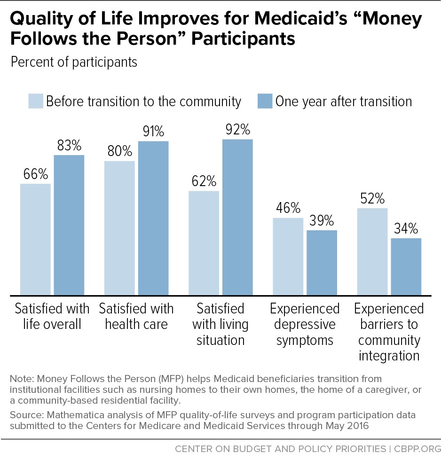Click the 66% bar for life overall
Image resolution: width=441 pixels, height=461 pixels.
[x=36, y=239]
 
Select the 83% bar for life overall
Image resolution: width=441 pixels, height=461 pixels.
[x=69, y=225]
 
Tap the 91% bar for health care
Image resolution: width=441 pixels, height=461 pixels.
[x=153, y=218]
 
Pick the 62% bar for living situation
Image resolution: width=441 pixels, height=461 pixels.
[x=204, y=243]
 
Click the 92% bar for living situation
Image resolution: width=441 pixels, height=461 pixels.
[x=237, y=217]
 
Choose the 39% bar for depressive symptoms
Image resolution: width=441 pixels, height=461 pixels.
[x=322, y=263]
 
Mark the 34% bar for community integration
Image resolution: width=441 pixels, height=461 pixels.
[x=406, y=266]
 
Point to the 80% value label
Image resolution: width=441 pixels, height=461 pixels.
[x=120, y=151]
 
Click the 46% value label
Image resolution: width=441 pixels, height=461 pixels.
[x=288, y=208]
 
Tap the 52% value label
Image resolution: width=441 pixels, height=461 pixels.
[x=372, y=199]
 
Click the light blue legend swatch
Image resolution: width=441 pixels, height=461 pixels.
[x=36, y=101]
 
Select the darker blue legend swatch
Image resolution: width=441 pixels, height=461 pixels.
[x=265, y=101]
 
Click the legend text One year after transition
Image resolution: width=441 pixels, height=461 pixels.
[x=344, y=102]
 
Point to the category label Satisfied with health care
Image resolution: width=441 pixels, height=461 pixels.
[x=136, y=316]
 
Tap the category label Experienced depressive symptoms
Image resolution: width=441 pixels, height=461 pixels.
[x=305, y=325]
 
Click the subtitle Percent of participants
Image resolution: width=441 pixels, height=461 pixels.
[x=74, y=62]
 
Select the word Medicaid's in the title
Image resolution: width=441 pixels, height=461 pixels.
[x=301, y=18]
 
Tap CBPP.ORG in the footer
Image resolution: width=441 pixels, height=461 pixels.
[x=417, y=449]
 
